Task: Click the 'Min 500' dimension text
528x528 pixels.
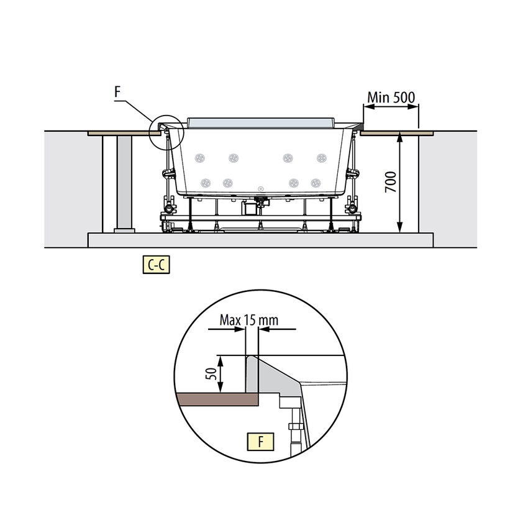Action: [391, 98]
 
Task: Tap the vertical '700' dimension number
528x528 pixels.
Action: [391, 182]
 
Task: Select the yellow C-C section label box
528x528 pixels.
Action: [157, 265]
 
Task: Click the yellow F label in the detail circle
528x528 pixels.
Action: [261, 442]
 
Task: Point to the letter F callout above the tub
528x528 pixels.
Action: [117, 91]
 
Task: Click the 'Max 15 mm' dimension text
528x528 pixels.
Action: [249, 320]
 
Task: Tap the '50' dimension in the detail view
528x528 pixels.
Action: [211, 374]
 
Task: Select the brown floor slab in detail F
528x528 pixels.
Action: [217, 399]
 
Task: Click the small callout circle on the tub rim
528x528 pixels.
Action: [166, 132]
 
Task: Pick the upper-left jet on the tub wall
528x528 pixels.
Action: [200, 158]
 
